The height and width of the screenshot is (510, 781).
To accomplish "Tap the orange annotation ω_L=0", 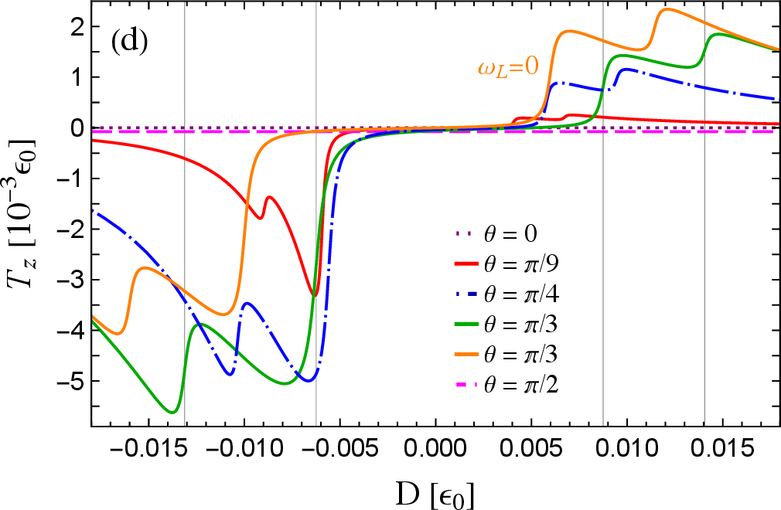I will click(x=506, y=67).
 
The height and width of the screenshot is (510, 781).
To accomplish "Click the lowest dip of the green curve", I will click(x=173, y=412).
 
